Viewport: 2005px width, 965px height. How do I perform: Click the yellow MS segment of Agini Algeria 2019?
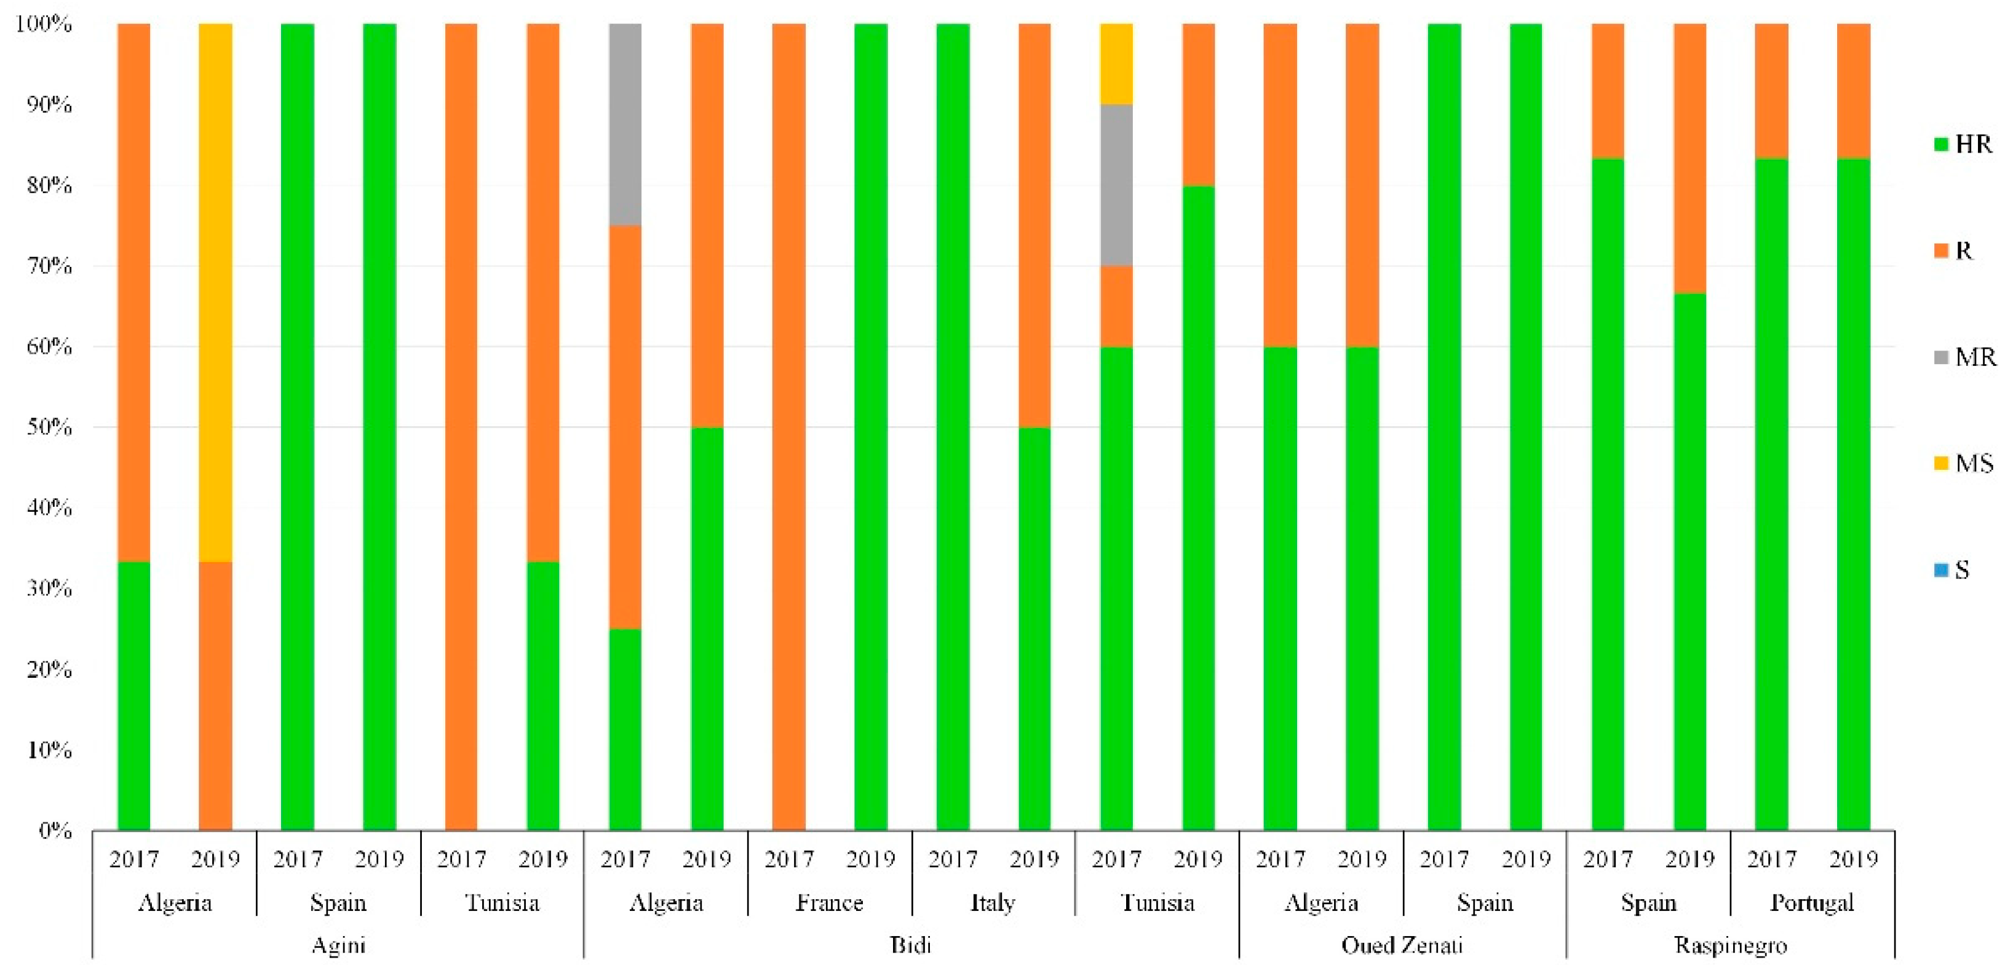pyautogui.click(x=216, y=292)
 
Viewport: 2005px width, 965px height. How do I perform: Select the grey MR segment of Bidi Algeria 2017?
pyautogui.click(x=625, y=124)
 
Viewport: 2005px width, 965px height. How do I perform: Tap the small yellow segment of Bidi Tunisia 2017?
pyautogui.click(x=1116, y=64)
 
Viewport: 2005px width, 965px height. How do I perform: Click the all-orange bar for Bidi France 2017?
pyautogui.click(x=788, y=426)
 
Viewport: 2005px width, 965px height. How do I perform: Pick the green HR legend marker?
pyautogui.click(x=1940, y=144)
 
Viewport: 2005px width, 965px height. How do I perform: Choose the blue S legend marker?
pyautogui.click(x=1940, y=570)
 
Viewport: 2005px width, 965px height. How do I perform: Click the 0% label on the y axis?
pyautogui.click(x=55, y=830)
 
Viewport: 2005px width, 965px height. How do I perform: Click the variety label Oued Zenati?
pyautogui.click(x=1402, y=945)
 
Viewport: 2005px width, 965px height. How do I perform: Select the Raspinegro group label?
pyautogui.click(x=1729, y=945)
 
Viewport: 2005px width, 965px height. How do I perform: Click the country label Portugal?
pyautogui.click(x=1811, y=903)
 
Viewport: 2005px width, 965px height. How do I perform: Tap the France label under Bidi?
pyautogui.click(x=829, y=903)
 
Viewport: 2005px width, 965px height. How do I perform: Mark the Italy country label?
pyautogui.click(x=993, y=903)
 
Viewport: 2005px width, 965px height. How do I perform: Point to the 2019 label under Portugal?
pyautogui.click(x=1852, y=859)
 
